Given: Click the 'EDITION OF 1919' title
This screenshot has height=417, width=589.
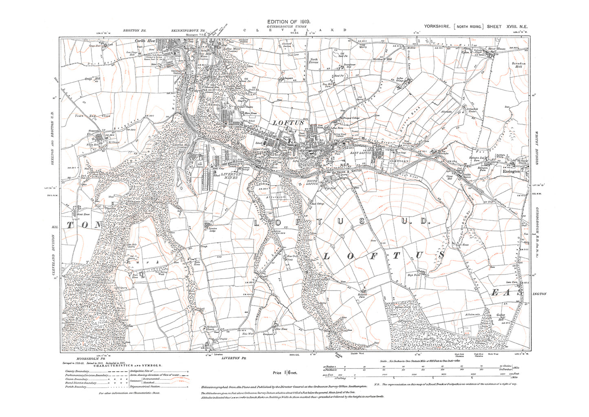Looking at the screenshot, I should coord(289,21).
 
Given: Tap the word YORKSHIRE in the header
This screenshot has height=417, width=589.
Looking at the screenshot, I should coord(438,27).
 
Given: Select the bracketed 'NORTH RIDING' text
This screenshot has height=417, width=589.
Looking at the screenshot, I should coord(468,27).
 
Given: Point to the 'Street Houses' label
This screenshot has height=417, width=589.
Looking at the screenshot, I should coord(496,49).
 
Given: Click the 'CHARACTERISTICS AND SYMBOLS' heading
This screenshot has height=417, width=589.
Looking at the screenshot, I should coord(130,366).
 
